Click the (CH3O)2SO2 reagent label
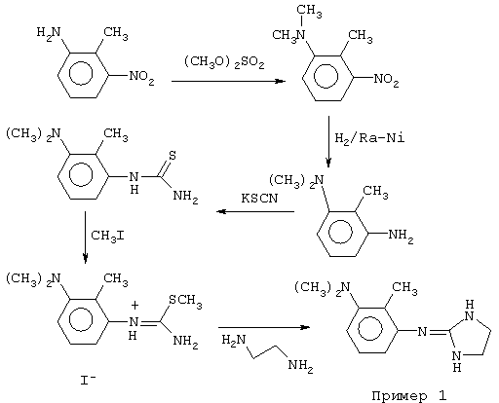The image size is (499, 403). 224,62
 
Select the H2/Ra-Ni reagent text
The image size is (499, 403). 370,138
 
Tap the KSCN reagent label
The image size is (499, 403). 259,198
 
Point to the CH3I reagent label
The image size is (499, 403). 107,236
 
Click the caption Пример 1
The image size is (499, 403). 409,395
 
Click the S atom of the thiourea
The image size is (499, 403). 173,156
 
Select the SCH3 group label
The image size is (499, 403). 185,301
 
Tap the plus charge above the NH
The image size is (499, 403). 134,305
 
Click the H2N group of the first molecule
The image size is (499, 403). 49,33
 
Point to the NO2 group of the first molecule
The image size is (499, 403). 141,77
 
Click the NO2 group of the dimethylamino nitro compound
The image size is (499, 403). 386,80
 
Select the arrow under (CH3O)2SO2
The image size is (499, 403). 228,81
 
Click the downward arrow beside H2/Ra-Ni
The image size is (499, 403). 328,141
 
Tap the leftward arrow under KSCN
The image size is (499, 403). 255,212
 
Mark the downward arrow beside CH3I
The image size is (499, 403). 85,238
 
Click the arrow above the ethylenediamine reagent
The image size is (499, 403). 264,327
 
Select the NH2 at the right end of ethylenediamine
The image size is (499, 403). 300,366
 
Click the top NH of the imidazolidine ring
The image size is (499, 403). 469,311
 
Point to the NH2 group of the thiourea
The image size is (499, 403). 185,197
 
